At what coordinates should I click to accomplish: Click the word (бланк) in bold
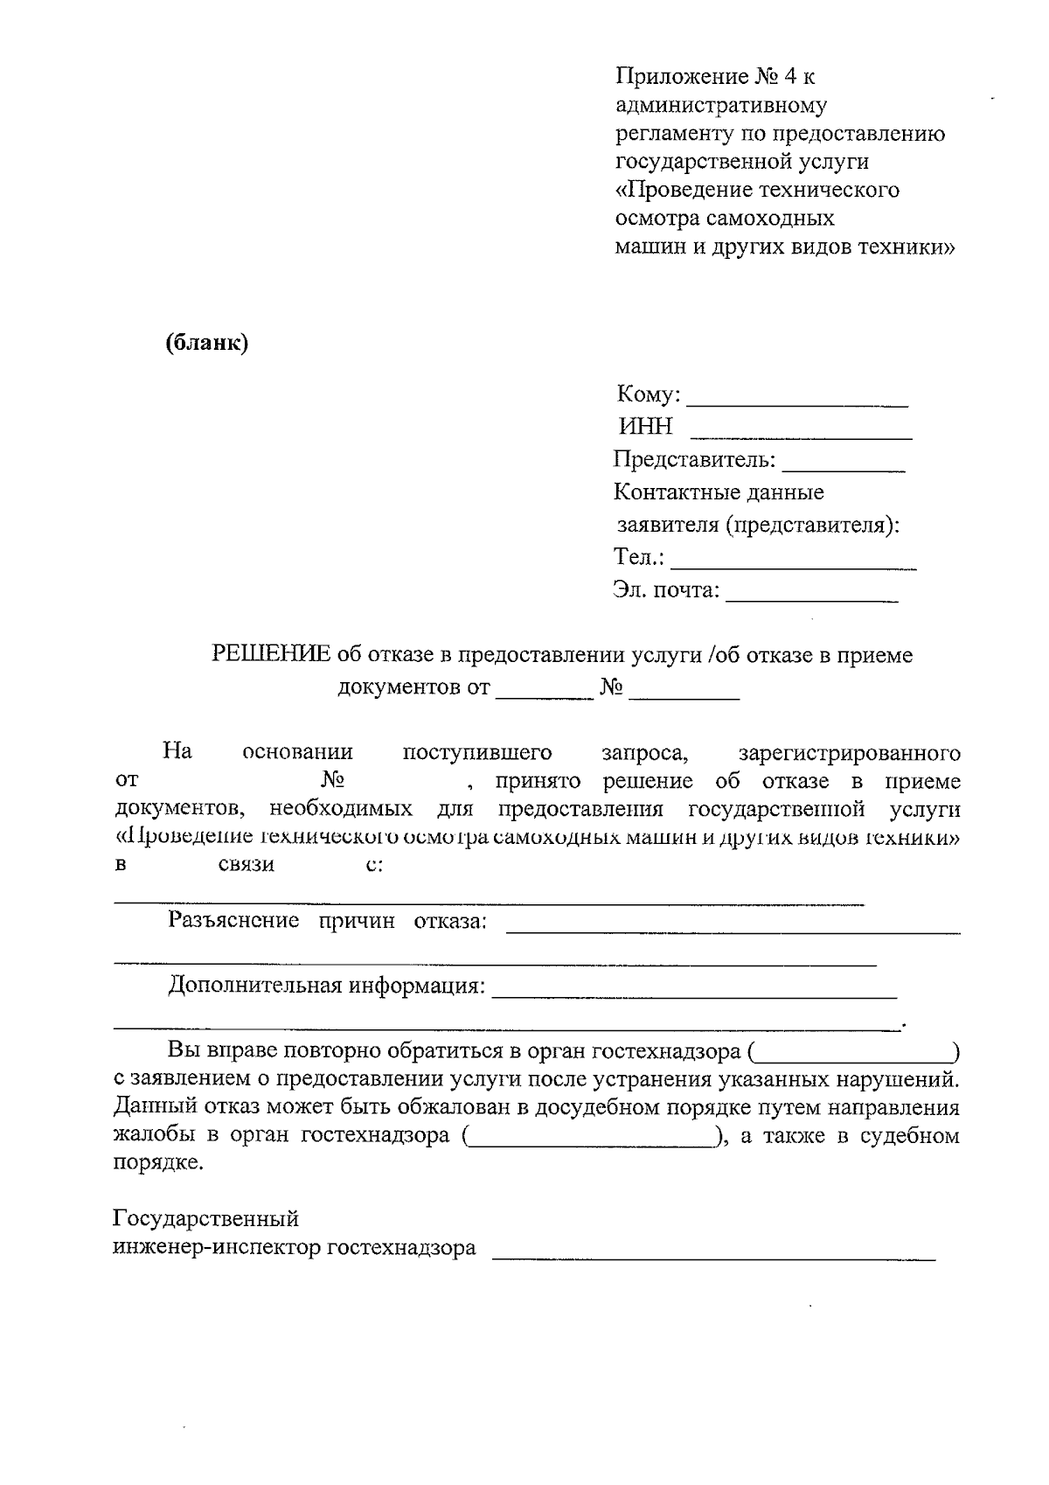pyautogui.click(x=207, y=343)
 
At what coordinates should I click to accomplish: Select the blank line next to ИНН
pyautogui.click(x=801, y=434)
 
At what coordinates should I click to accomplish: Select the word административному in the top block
pyautogui.click(x=721, y=106)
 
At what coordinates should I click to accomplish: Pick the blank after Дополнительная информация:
pyautogui.click(x=694, y=994)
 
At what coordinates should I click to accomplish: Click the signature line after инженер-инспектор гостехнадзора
pyautogui.click(x=713, y=1257)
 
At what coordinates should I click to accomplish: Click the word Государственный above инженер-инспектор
pyautogui.click(x=206, y=1218)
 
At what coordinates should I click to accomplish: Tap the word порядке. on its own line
pyautogui.click(x=158, y=1164)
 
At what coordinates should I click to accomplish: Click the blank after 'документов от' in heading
pyautogui.click(x=545, y=695)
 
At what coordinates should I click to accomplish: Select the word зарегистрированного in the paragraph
pyautogui.click(x=849, y=753)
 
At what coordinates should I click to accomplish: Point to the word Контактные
pyautogui.click(x=670, y=492)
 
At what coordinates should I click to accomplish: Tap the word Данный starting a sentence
pyautogui.click(x=152, y=1108)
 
